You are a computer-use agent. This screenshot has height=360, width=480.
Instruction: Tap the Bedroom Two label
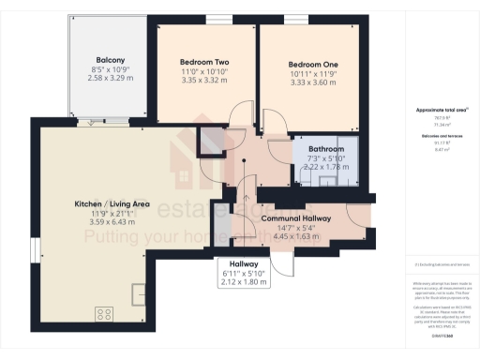click(204, 63)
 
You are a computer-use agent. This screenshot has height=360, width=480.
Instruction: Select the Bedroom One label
click(312, 65)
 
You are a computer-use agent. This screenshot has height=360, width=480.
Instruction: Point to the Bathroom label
click(327, 149)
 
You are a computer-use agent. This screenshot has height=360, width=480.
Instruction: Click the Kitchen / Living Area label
click(112, 202)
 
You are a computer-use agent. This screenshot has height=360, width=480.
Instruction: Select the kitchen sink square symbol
click(140, 293)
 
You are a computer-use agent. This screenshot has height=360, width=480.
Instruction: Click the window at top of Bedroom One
click(296, 20)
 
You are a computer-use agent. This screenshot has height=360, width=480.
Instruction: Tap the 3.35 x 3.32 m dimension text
click(204, 82)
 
